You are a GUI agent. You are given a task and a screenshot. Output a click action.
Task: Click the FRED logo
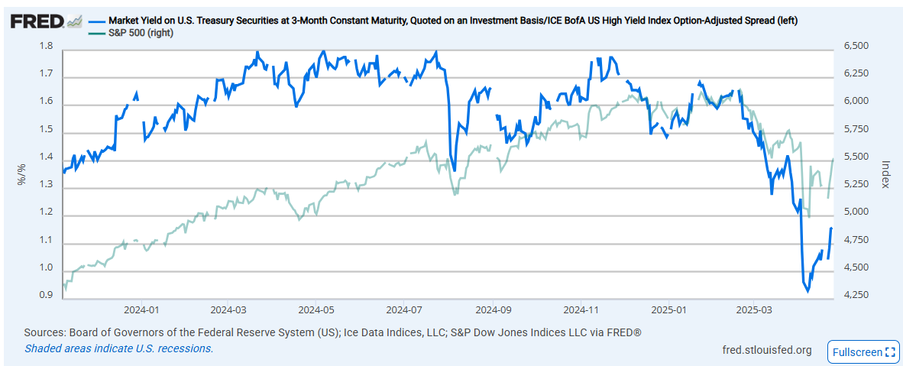point(46,22)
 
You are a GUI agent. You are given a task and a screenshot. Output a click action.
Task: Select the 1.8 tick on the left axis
point(46,46)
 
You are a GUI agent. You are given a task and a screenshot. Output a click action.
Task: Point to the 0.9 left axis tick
point(46,296)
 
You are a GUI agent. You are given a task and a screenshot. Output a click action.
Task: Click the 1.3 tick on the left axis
point(46,185)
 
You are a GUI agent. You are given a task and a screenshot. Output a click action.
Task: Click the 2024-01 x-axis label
point(141,309)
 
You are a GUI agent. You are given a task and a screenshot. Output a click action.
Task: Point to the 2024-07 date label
point(404,309)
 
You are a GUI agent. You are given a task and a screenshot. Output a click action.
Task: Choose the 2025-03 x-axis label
point(753,309)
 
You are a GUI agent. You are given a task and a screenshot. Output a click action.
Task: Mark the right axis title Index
point(885,173)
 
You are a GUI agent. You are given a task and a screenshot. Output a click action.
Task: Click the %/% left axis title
point(22,173)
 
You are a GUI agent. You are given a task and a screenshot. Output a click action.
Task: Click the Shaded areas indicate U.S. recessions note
point(118,348)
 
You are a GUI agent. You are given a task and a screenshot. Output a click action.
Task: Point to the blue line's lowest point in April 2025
point(808,291)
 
